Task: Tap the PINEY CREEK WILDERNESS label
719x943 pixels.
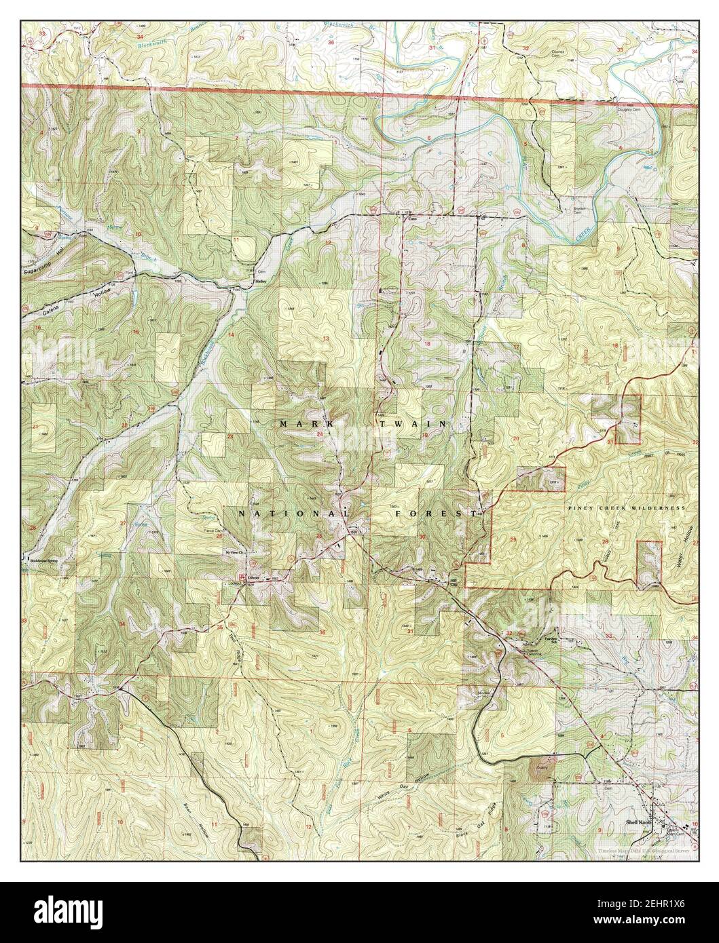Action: (624, 507)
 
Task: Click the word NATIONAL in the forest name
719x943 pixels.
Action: (293, 515)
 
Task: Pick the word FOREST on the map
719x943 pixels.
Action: (436, 515)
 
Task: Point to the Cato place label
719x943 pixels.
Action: (410, 219)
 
